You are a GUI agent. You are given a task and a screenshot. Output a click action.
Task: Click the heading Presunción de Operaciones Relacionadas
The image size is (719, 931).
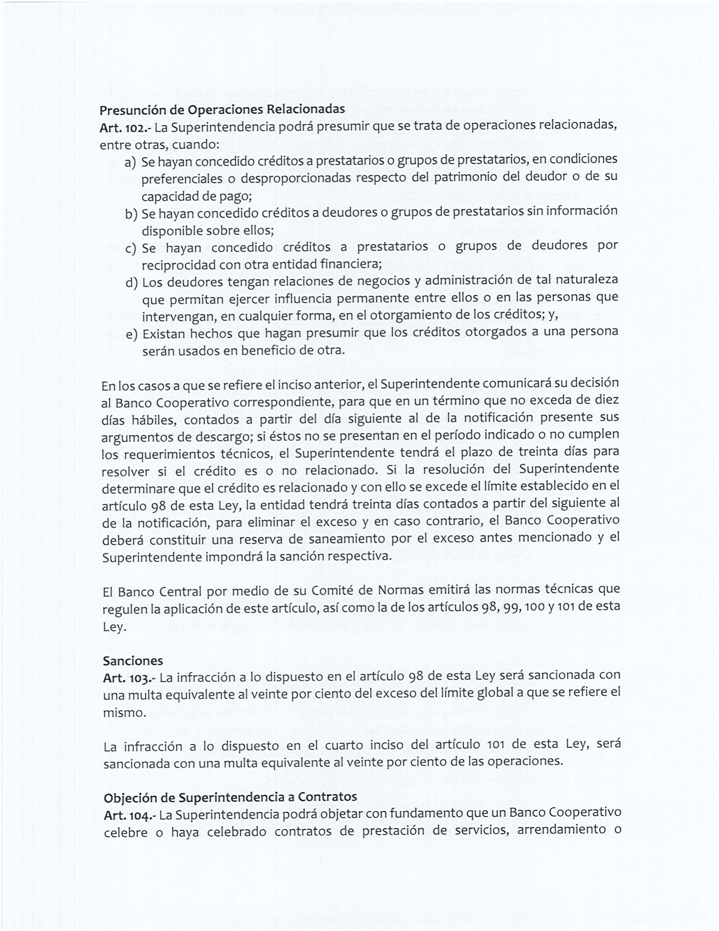click(x=222, y=110)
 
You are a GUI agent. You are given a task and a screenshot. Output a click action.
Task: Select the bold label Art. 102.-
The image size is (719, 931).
click(x=126, y=127)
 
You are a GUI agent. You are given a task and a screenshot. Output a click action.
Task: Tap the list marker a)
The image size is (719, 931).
click(x=130, y=163)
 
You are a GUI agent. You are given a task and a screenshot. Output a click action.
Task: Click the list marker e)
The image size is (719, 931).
click(x=131, y=335)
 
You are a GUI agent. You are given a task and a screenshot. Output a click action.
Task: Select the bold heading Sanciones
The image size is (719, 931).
click(x=133, y=661)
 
